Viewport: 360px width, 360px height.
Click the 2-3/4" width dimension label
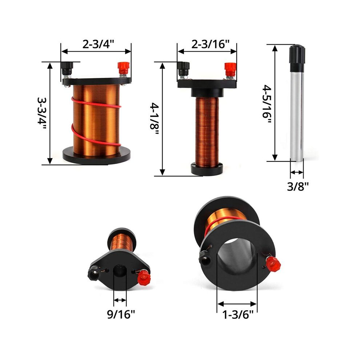point(98,44)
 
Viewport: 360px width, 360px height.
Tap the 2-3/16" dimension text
point(211,44)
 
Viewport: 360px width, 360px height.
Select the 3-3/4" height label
point(42,113)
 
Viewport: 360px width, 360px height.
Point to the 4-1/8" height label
point(155,119)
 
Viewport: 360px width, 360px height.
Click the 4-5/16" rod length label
point(267,104)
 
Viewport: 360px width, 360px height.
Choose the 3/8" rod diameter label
point(298,187)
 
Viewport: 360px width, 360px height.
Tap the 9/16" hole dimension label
point(121,314)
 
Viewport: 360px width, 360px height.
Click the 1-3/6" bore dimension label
point(238,314)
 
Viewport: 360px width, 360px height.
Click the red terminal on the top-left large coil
point(124,69)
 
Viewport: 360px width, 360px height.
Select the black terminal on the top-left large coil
point(67,69)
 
